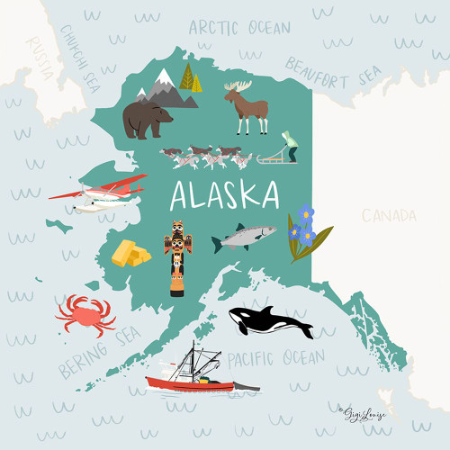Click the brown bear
click(147, 119)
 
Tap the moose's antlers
click(240, 85)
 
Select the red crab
click(85, 313)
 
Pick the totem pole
click(177, 257)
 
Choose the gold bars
click(130, 253)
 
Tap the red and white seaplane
click(99, 193)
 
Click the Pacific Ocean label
click(275, 359)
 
